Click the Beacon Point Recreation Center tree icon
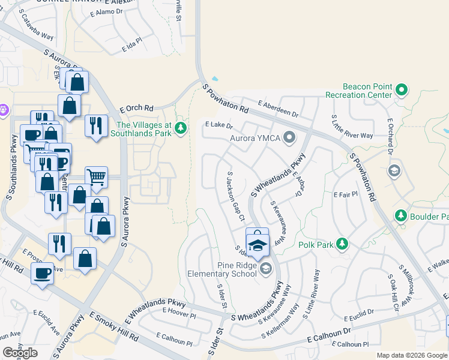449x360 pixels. pos(402,91)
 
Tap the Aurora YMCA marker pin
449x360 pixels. pos(289,138)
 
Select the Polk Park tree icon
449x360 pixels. pos(342,244)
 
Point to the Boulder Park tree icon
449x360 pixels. pos(400,215)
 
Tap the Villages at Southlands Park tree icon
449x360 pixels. pos(180,128)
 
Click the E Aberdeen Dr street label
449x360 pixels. pos(279,109)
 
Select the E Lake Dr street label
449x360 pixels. pos(218,125)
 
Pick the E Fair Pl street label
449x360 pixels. pos(345,194)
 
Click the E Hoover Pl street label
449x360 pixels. pos(179,312)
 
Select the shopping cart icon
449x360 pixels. pos(96,176)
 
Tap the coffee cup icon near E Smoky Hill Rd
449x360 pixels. pos(42,274)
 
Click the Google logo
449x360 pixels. pos(20,352)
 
